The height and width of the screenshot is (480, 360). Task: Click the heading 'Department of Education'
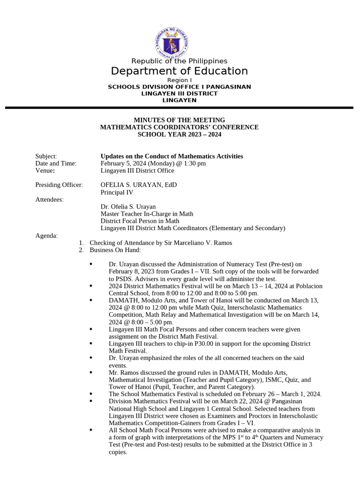pos(180,71)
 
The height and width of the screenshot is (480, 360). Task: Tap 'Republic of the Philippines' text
pos(180,61)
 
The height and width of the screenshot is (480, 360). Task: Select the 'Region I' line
pos(180,80)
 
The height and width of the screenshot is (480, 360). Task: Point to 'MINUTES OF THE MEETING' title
pos(180,120)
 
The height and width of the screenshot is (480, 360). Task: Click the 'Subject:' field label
pos(46,156)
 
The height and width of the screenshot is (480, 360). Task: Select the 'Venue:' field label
pos(45,171)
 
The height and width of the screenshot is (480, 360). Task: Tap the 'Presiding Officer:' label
pos(59,185)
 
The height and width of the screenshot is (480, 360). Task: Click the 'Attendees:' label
pos(50,199)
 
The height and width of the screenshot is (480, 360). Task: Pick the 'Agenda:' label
pos(46,235)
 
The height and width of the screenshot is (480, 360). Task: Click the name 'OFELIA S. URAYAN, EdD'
pos(139,185)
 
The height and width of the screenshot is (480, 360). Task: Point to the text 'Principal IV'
pos(117,192)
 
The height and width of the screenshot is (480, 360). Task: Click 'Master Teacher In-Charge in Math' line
pos(147,214)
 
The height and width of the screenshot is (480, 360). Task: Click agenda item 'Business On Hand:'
pos(115,250)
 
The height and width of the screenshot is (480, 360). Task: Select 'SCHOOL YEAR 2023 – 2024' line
pos(180,135)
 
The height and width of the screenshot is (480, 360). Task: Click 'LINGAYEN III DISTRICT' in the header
pos(180,93)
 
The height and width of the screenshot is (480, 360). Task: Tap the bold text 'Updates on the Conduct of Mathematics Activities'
pos(172,156)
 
